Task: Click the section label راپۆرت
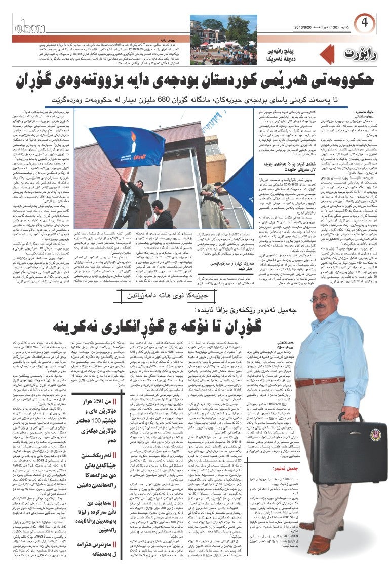click(x=359, y=53)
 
